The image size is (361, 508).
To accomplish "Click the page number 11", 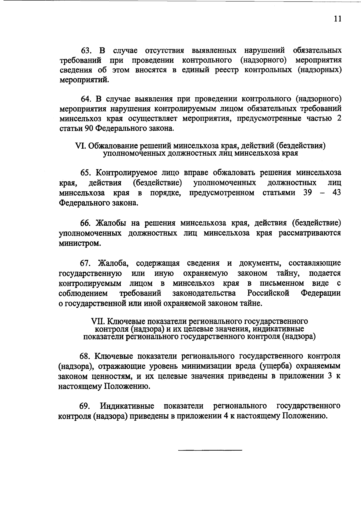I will click(x=338, y=19).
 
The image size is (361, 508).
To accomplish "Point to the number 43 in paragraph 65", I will click(x=337, y=193).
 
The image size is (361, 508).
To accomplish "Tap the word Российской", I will click(x=268, y=293).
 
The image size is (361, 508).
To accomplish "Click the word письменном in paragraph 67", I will click(x=282, y=283).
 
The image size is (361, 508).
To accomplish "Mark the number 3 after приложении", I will click(x=330, y=376).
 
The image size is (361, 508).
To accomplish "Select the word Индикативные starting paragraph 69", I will click(x=127, y=406).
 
